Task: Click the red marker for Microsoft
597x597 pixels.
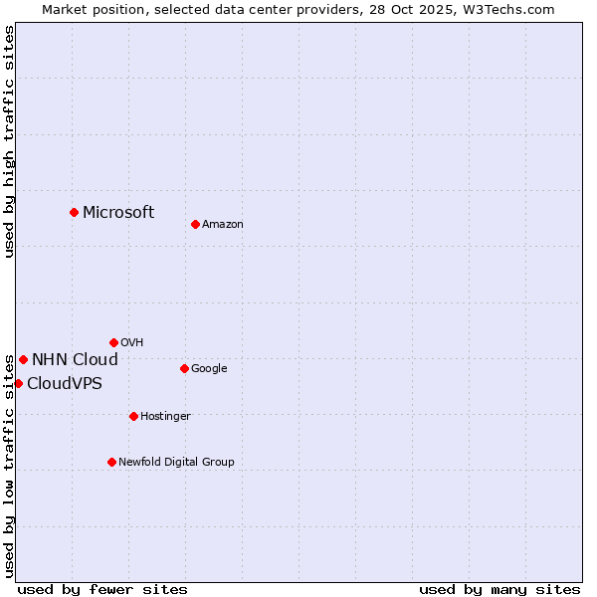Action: pos(74,212)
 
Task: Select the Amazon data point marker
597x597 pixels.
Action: pos(195,224)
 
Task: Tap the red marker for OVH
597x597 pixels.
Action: pos(113,342)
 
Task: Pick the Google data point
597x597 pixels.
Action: pos(184,368)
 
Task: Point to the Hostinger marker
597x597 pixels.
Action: pos(133,416)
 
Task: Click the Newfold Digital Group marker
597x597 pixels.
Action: pos(111,462)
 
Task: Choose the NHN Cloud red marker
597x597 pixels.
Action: pos(23,359)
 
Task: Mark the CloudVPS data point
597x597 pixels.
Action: pos(18,383)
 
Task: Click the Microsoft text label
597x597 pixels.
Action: pos(118,212)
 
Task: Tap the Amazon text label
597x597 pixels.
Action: pos(223,225)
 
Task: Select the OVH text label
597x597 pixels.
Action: pos(132,343)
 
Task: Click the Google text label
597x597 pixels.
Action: pos(209,369)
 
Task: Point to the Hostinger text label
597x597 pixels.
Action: pos(165,417)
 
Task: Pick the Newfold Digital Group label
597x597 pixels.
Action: pos(176,463)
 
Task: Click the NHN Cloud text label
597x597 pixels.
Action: pos(75,360)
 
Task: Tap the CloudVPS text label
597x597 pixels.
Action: pos(65,384)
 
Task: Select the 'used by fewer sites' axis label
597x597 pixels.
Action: pos(102,589)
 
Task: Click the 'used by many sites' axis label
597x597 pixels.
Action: pos(499,589)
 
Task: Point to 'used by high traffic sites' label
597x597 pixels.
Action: pos(9,141)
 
